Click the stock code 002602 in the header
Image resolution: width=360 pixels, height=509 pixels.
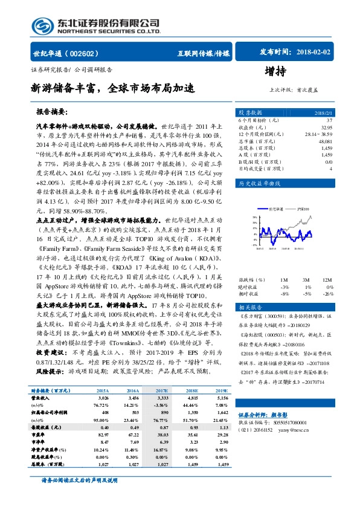pos(85,53)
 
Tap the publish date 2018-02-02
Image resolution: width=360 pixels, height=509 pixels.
pos(312,52)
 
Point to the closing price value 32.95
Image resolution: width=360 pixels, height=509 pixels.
pos(326,128)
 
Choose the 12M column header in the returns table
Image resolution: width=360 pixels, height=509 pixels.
pos(327,264)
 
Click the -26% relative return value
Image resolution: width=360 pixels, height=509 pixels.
pos(327,276)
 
